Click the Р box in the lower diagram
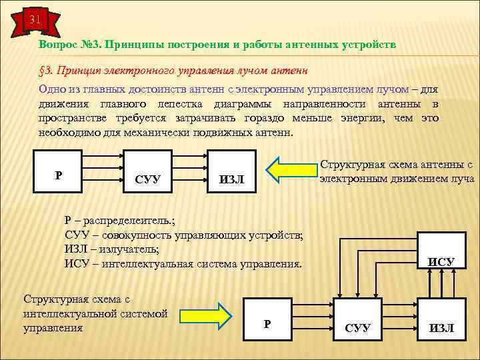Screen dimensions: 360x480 [x=267, y=317]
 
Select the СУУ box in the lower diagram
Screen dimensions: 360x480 [x=359, y=317]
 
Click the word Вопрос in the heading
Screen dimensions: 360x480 [x=60, y=44]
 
